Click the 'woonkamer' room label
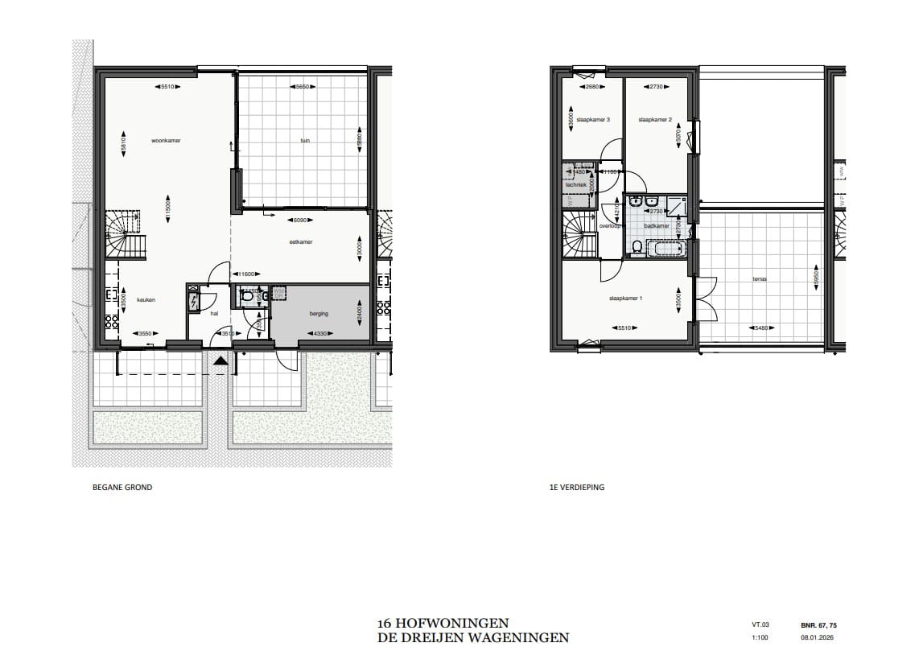coord(165,140)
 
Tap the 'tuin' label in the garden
coord(305,140)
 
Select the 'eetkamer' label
coord(302,241)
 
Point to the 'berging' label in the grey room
coord(319,314)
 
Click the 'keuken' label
coord(146,299)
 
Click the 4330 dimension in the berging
coord(322,333)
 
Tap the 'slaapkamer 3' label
coord(593,120)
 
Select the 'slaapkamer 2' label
coord(654,120)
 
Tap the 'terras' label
coord(759,280)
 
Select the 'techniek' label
coord(576,184)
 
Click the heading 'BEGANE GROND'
coord(122,488)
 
